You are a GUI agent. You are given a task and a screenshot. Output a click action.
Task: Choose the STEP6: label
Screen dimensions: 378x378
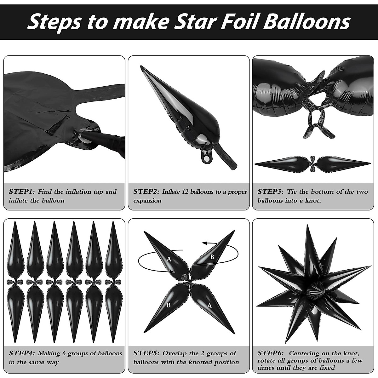(271, 353)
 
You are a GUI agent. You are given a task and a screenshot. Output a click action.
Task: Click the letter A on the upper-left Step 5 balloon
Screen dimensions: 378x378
(169, 259)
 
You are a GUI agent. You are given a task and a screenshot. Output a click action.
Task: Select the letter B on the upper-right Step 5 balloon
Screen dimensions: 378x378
(212, 257)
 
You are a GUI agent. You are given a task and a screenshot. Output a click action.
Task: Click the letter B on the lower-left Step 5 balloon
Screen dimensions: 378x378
(169, 305)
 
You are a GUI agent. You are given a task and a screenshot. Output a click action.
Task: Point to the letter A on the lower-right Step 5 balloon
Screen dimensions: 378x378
(210, 305)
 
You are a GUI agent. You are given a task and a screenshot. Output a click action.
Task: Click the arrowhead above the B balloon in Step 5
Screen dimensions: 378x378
(204, 243)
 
